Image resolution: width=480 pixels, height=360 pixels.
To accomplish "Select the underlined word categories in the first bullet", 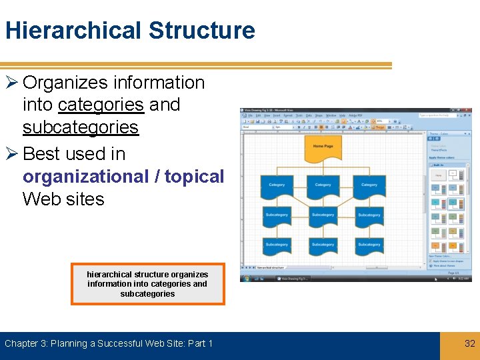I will tap(101, 105).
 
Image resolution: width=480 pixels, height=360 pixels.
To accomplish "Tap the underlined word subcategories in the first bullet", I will tap(80, 127).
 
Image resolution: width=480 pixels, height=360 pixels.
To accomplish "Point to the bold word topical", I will tap(194, 176).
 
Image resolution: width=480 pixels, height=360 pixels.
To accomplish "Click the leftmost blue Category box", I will tap(277, 186).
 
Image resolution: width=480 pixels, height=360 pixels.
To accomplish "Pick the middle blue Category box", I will tap(323, 186).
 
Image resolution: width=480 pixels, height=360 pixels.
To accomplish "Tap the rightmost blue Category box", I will tap(369, 186).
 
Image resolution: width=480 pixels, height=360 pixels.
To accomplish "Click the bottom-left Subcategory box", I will tap(277, 245).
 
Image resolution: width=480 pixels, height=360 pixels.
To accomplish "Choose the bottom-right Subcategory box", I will tap(369, 245).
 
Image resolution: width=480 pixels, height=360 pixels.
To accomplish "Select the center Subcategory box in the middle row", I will tap(323, 215).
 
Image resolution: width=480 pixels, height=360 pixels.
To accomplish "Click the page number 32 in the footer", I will tap(469, 343).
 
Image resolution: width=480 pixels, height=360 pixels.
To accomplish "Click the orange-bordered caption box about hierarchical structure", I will tap(147, 284).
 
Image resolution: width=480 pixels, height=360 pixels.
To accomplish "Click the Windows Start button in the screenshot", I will tap(246, 278).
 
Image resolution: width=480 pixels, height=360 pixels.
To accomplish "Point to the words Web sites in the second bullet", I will tap(63, 199).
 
